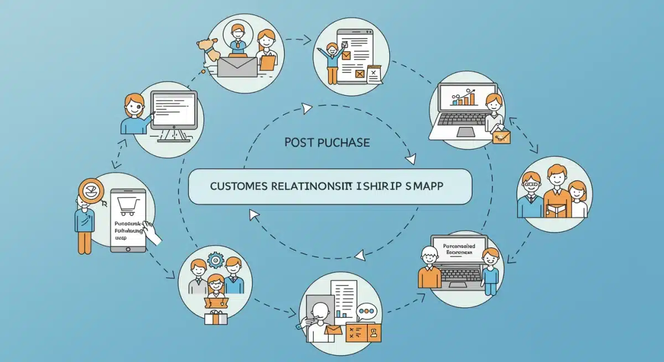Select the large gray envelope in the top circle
coord(237,67)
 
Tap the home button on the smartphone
coord(128,247)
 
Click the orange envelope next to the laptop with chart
coord(501,135)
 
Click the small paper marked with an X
coord(374,74)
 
